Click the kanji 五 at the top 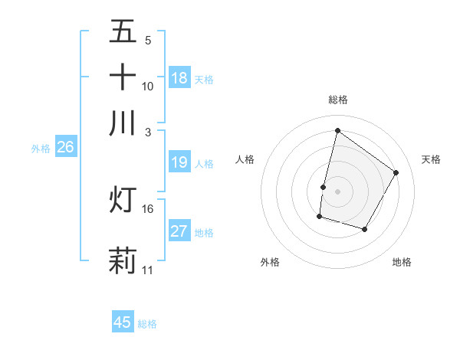tap(123, 32)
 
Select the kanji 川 tap(123, 123)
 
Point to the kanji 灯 tap(123, 199)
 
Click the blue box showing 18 tap(179, 78)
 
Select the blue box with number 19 tap(179, 162)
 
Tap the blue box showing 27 tap(179, 231)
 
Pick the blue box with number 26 tap(65, 148)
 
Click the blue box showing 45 tap(123, 322)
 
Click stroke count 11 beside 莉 tap(148, 270)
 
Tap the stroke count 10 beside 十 tap(148, 86)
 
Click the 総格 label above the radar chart tap(338, 100)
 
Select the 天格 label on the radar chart tap(431, 159)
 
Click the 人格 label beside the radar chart tap(245, 159)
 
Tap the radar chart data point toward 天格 tap(396, 172)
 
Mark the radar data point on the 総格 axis tap(337, 130)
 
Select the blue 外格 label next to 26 tap(40, 149)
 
